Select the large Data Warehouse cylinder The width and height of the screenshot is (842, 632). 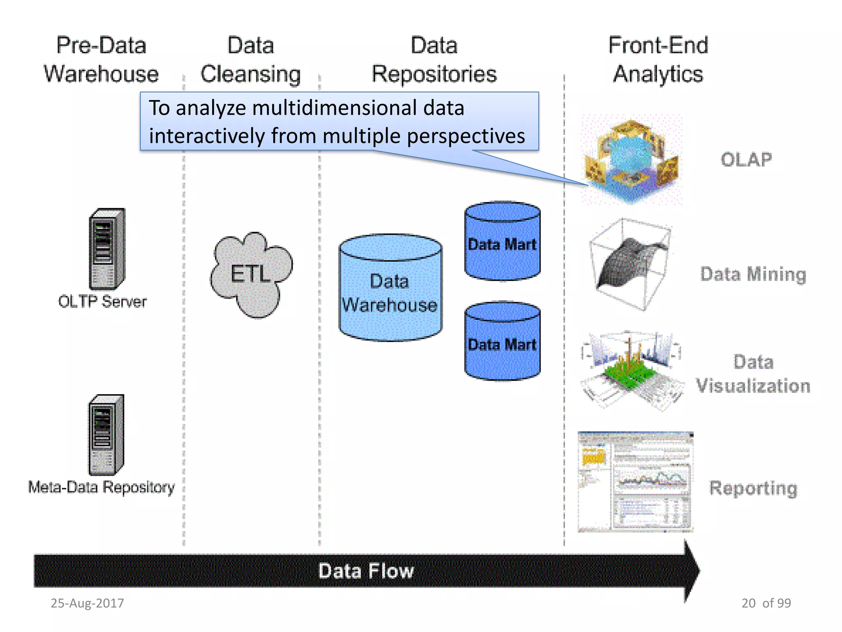click(x=390, y=288)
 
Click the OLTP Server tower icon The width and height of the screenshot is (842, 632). click(x=107, y=249)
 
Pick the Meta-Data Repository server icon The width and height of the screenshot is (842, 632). click(x=106, y=435)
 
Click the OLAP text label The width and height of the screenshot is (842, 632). click(x=746, y=160)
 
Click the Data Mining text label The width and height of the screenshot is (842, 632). click(x=753, y=274)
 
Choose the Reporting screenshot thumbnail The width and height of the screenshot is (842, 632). click(x=635, y=482)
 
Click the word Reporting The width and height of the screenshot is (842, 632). click(x=753, y=488)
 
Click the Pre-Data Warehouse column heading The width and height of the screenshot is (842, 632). click(x=101, y=60)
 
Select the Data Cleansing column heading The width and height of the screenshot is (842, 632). click(x=251, y=60)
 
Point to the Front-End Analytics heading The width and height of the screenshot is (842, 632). click(x=658, y=60)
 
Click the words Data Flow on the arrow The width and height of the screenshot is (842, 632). click(x=366, y=571)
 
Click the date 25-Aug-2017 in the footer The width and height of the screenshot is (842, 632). click(x=87, y=603)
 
